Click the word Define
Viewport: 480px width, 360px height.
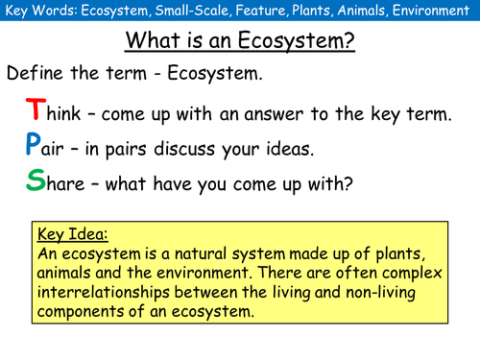[37, 73]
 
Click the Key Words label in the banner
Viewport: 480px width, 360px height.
[37, 12]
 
